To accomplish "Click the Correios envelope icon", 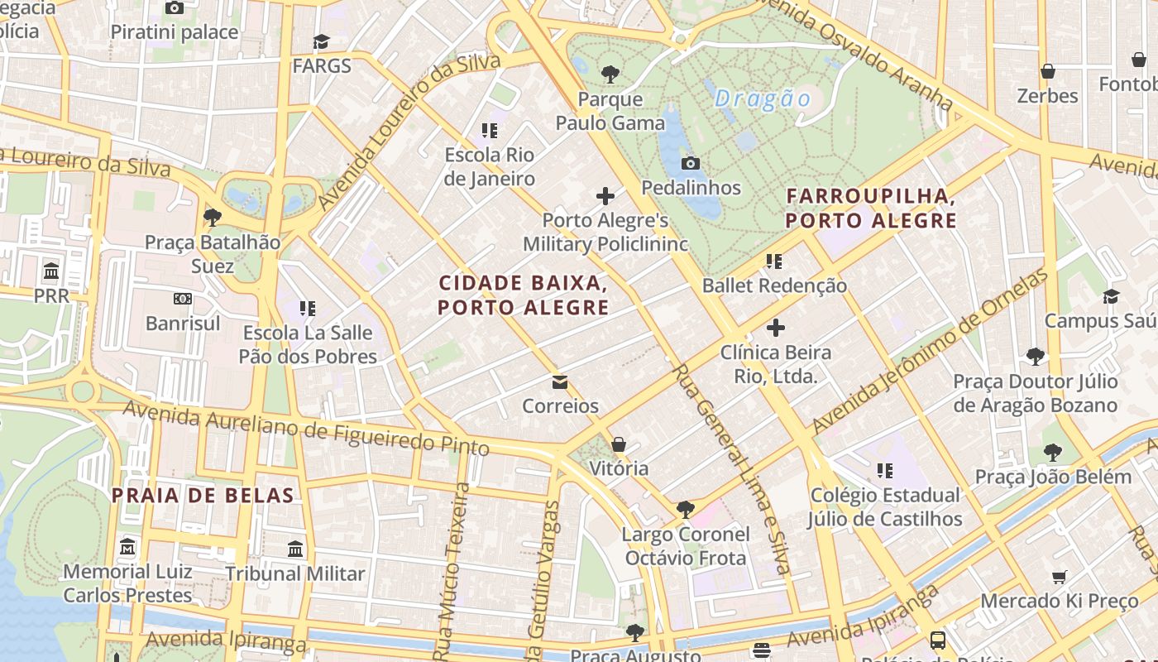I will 560,381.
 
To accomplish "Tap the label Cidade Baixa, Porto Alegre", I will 523,295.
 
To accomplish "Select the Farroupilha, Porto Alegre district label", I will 871,209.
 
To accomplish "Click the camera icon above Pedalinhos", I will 691,163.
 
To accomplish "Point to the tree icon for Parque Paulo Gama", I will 610,74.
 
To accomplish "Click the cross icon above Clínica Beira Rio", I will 775,328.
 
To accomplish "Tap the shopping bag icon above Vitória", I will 619,444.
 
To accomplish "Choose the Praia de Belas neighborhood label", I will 203,496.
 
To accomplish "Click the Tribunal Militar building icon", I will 295,549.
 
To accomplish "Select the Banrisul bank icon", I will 183,298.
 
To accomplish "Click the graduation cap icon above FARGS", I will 321,41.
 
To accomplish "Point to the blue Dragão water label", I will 763,99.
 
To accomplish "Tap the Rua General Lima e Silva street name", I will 731,468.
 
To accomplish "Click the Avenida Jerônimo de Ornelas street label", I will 931,352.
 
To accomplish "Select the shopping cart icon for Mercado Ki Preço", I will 1059,577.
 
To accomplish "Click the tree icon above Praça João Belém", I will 1052,453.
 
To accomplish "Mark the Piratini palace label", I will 175,32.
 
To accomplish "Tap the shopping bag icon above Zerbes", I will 1047,71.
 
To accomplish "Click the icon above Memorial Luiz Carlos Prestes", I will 127,547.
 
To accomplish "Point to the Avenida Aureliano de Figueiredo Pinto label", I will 306,428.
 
